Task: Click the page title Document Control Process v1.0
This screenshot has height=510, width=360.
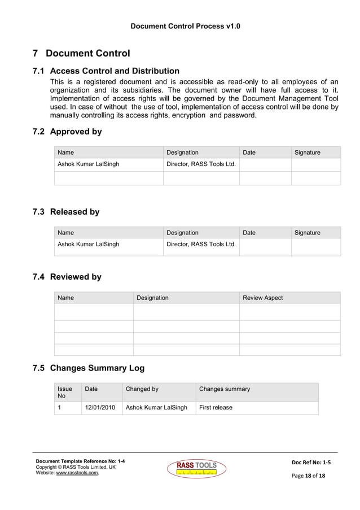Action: [x=185, y=27]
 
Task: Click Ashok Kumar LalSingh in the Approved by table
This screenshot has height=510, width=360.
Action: [x=89, y=164]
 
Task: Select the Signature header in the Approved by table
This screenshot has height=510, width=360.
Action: [x=307, y=152]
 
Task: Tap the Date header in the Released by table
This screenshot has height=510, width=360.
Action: [x=249, y=233]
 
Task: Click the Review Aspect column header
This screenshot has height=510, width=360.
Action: [x=262, y=298]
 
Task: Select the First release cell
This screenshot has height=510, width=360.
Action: [x=216, y=407]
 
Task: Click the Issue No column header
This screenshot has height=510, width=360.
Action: [x=65, y=392]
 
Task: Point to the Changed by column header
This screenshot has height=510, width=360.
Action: [x=142, y=389]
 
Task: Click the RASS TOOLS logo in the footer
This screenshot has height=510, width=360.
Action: [x=196, y=468]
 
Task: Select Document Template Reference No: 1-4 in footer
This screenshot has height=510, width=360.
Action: [x=80, y=461]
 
